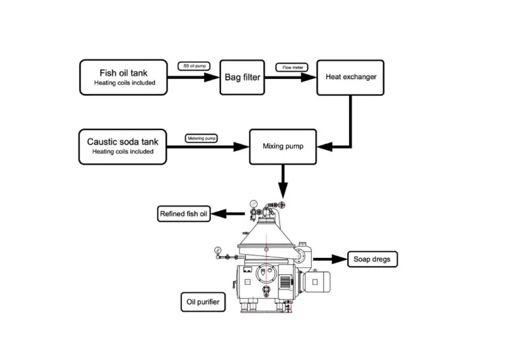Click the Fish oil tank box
pos(124,77)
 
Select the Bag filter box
pos(242,77)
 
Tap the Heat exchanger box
pos(350,77)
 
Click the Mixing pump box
pos(282,146)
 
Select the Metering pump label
pos(201,139)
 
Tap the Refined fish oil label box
pos(184,214)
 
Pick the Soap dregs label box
pos(371,259)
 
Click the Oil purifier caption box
pos(203,302)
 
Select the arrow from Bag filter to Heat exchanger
pos(290,77)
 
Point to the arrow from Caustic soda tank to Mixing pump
pos(209,146)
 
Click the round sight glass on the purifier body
pos(265,272)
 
